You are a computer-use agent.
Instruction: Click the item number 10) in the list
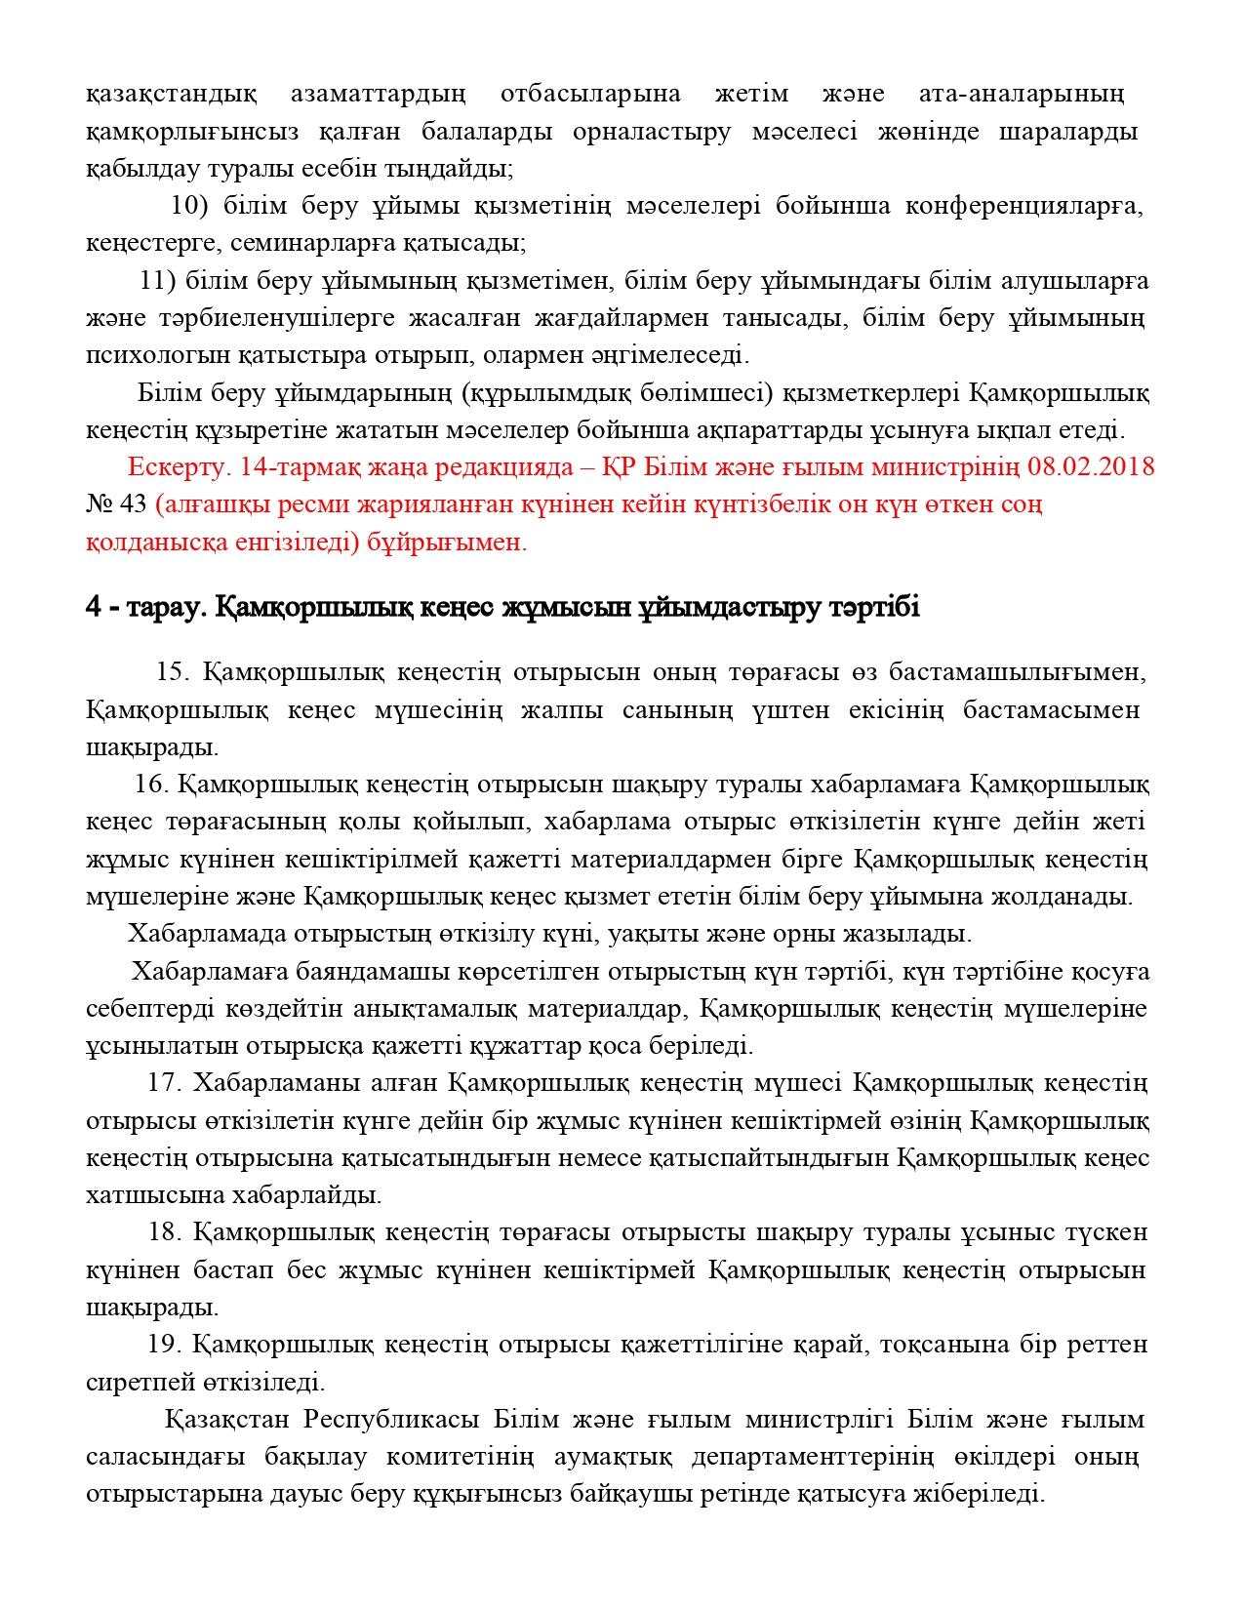(x=189, y=206)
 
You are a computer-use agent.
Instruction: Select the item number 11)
(x=158, y=282)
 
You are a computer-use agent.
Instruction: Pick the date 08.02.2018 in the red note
(x=1091, y=466)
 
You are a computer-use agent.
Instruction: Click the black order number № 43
(x=116, y=504)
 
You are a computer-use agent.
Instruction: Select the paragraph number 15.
(x=172, y=672)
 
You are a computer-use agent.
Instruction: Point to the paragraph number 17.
(x=164, y=1083)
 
